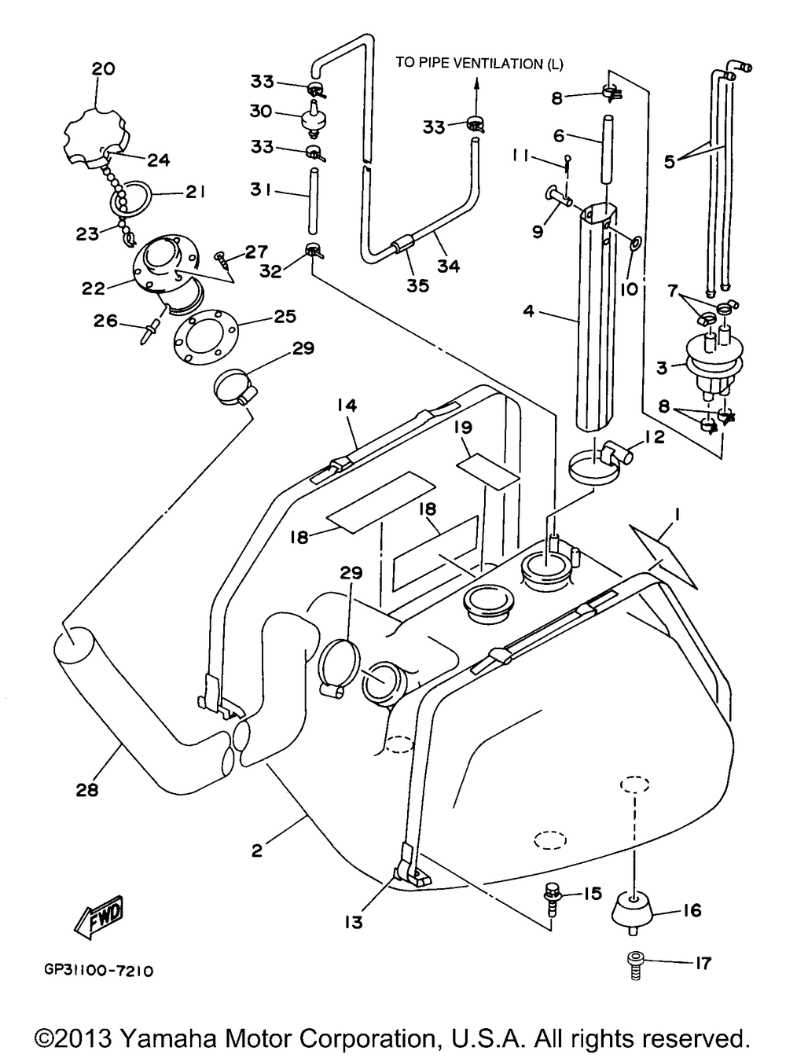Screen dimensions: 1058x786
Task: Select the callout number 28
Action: click(87, 790)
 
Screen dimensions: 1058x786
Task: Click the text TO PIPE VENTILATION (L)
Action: click(479, 63)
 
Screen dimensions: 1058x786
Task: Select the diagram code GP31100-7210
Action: click(99, 972)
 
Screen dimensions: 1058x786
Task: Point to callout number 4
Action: click(528, 311)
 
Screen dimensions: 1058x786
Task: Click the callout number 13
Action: click(354, 922)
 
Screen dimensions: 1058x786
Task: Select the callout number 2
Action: click(257, 850)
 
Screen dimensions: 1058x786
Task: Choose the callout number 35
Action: click(418, 285)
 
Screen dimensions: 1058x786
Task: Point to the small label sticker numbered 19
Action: click(487, 468)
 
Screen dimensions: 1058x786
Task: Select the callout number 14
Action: click(347, 405)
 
